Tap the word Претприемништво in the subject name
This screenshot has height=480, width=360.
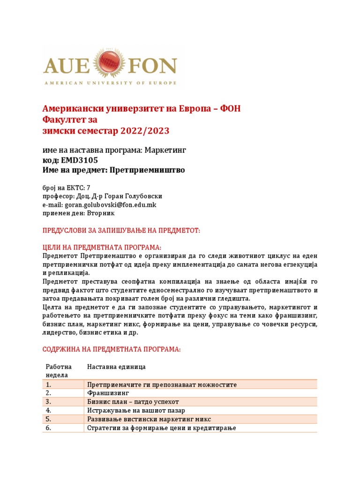[x=147, y=170]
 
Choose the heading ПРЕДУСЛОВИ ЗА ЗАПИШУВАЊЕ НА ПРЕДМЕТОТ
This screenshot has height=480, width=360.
[x=121, y=231]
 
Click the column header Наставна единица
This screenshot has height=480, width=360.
[x=116, y=366]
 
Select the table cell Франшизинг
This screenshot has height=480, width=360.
[x=108, y=393]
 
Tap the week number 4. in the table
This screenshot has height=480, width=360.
[x=48, y=410]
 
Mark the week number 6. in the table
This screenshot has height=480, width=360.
[x=48, y=427]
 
